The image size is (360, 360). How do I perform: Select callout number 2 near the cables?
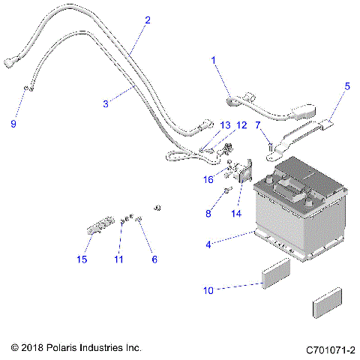coord(147,20)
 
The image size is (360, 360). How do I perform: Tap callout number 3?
coord(106,103)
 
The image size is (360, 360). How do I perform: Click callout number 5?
coord(346,85)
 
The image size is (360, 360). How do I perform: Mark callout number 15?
coord(82,259)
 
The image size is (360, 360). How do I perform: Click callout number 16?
coord(210,180)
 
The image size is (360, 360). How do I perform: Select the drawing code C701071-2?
coord(330,349)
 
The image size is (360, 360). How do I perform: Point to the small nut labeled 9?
coord(26,89)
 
